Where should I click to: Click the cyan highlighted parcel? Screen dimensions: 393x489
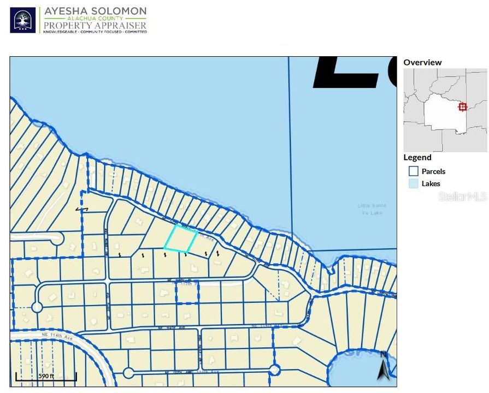tap(181, 239)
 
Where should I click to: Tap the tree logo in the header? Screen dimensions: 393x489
tap(23, 20)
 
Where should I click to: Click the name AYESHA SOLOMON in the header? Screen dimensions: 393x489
tap(95, 11)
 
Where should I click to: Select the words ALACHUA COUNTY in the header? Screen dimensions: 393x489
tap(95, 19)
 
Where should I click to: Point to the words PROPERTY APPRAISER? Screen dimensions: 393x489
tap(95, 25)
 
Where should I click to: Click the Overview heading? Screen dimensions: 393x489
tap(422, 62)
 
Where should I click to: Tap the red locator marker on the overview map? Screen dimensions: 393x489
tap(463, 106)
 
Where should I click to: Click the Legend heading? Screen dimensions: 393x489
tap(417, 157)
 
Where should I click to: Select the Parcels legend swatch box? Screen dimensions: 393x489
tap(414, 171)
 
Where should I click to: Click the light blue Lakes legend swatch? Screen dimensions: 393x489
tap(414, 184)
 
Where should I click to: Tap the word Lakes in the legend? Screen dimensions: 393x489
tap(431, 184)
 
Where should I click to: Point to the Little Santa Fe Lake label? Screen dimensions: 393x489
tap(372, 208)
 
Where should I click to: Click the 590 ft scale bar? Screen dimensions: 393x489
tap(46, 377)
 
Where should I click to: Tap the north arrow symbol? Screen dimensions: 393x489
tap(384, 368)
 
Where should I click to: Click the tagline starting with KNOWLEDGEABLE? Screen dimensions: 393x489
tap(95, 32)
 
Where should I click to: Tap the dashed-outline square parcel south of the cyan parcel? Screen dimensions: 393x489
tap(187, 293)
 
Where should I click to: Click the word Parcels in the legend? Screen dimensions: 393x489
tap(433, 171)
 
